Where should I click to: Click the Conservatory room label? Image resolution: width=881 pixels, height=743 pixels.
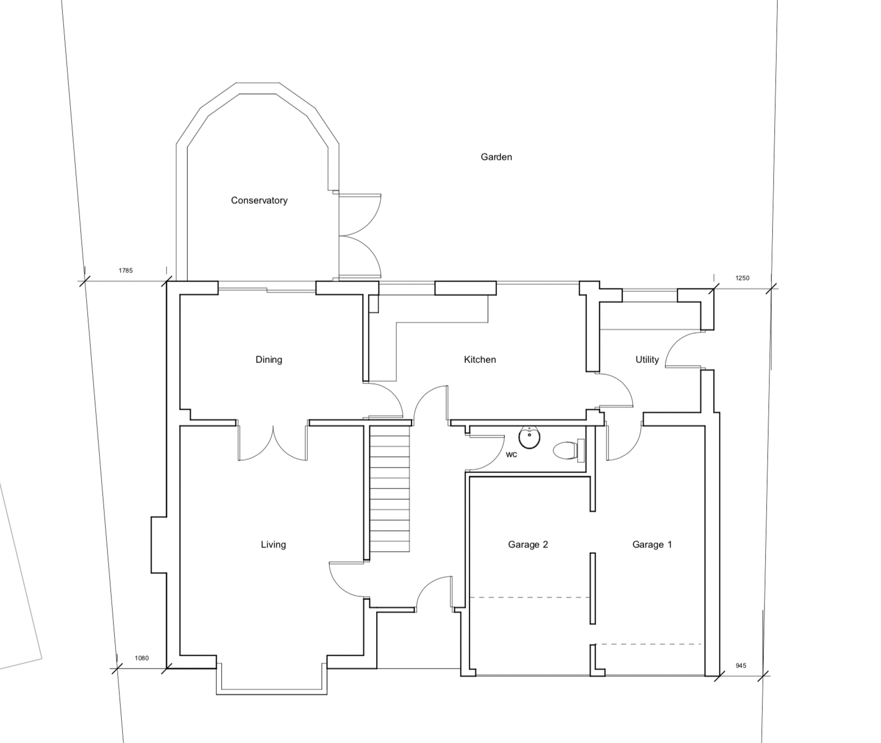pyautogui.click(x=259, y=201)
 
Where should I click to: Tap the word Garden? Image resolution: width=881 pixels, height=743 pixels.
pyautogui.click(x=496, y=157)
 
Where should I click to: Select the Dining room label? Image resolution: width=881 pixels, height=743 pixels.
pyautogui.click(x=268, y=359)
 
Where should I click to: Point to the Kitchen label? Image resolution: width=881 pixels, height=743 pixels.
pyautogui.click(x=480, y=359)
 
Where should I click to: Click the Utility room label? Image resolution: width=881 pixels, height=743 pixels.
pyautogui.click(x=647, y=359)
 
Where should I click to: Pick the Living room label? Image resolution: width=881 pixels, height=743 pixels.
pyautogui.click(x=273, y=544)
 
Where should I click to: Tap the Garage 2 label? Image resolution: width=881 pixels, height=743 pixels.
pyautogui.click(x=528, y=544)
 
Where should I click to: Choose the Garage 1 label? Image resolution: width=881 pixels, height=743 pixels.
pyautogui.click(x=652, y=544)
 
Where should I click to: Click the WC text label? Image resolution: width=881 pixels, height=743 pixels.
pyautogui.click(x=511, y=455)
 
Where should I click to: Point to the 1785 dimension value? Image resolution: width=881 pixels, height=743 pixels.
pyautogui.click(x=125, y=270)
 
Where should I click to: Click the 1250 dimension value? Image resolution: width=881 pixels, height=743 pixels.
pyautogui.click(x=742, y=278)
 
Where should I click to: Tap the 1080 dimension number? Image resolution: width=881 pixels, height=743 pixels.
pyautogui.click(x=141, y=658)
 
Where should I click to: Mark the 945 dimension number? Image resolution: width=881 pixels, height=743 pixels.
pyautogui.click(x=741, y=665)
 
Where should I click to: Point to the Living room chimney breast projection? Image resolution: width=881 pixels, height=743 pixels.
pyautogui.click(x=159, y=544)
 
